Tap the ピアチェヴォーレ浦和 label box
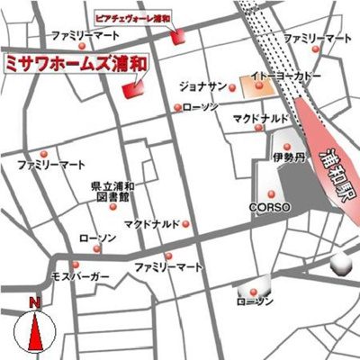click(132, 16)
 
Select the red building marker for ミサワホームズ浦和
click(133, 89)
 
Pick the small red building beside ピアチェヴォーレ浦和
click(178, 35)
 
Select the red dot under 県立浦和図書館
click(112, 207)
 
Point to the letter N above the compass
click(33, 302)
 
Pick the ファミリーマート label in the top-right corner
click(318, 39)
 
